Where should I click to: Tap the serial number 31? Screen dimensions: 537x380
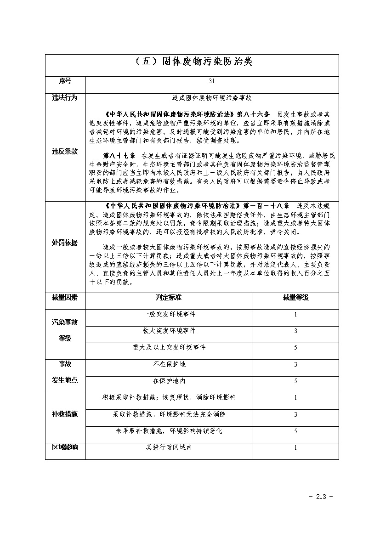pos(211,81)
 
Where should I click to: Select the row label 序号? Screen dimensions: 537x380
pos(65,81)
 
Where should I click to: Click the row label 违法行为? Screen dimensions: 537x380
pos(65,98)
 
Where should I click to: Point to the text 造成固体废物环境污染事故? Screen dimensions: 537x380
pos(211,98)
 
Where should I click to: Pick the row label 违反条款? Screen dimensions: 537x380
pos(65,151)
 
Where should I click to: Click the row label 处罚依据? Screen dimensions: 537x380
pos(65,243)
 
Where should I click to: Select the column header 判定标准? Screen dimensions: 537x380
pos(169,298)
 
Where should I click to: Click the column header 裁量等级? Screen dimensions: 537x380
pos(295,298)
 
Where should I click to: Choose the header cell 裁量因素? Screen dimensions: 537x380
pos(65,298)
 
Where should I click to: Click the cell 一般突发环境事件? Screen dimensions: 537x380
pos(169,315)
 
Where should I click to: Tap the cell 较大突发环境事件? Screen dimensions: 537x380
pos(169,331)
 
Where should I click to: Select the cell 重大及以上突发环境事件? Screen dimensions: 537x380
pos(169,347)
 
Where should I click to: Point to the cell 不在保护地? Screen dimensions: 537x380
pos(169,364)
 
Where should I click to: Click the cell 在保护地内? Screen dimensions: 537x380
pos(169,381)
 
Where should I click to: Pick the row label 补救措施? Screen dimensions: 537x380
pos(65,414)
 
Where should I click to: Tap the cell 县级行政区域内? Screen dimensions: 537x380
pos(169,447)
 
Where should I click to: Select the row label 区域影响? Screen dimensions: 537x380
pos(65,447)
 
